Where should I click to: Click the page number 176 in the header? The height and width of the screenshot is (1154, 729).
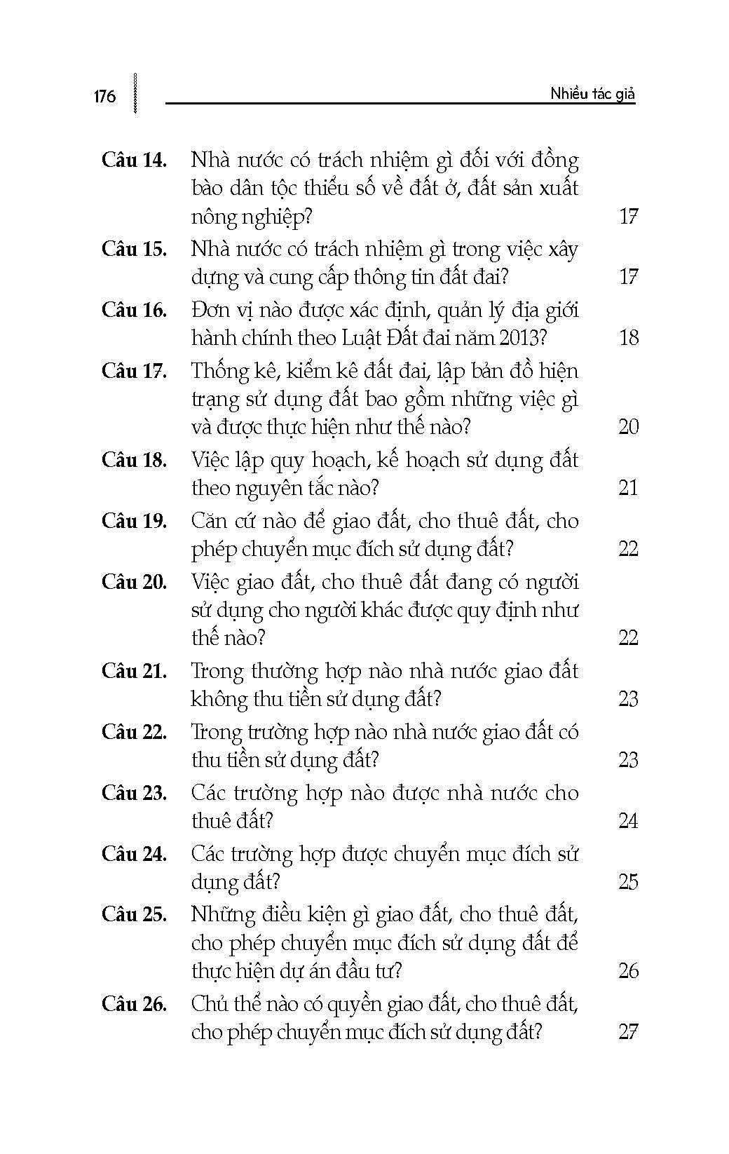(x=104, y=96)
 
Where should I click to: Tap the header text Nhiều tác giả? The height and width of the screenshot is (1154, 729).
(x=592, y=94)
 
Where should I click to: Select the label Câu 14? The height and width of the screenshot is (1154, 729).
(x=134, y=161)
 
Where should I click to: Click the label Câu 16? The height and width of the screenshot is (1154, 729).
(x=134, y=310)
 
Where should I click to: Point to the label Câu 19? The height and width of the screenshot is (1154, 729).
(x=134, y=521)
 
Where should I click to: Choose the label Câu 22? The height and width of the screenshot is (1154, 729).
(x=134, y=732)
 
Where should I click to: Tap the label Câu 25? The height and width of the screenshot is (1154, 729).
(x=134, y=915)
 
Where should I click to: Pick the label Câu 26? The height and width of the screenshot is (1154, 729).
(x=134, y=1004)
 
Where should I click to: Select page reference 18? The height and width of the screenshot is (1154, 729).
(x=629, y=338)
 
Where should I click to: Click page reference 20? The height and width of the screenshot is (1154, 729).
(x=629, y=426)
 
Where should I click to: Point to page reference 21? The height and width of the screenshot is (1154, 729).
(x=629, y=488)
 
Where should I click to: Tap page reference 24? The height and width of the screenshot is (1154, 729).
(x=629, y=820)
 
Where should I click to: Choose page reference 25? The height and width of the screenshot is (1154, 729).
(x=629, y=881)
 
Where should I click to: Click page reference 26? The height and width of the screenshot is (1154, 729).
(x=629, y=971)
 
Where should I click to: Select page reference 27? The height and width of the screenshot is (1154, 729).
(x=629, y=1032)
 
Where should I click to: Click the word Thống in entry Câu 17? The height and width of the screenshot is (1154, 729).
(x=217, y=372)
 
